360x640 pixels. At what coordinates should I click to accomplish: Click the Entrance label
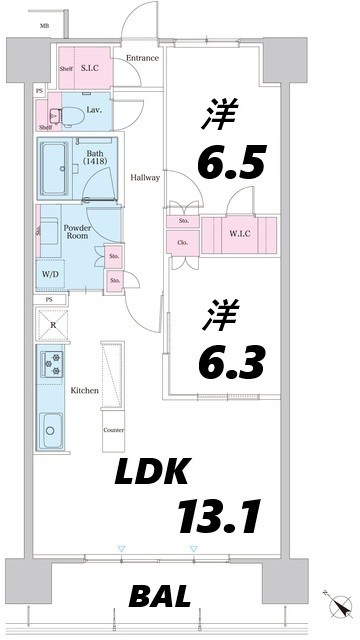tap(142, 58)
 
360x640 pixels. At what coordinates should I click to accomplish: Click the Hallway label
tap(145, 178)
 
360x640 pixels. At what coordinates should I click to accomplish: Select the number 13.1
tap(220, 517)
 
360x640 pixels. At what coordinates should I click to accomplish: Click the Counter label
tap(113, 430)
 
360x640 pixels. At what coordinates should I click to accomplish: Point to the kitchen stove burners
tap(52, 363)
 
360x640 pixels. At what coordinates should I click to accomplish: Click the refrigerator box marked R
tap(52, 323)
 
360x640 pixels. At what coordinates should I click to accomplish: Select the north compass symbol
tap(337, 606)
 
